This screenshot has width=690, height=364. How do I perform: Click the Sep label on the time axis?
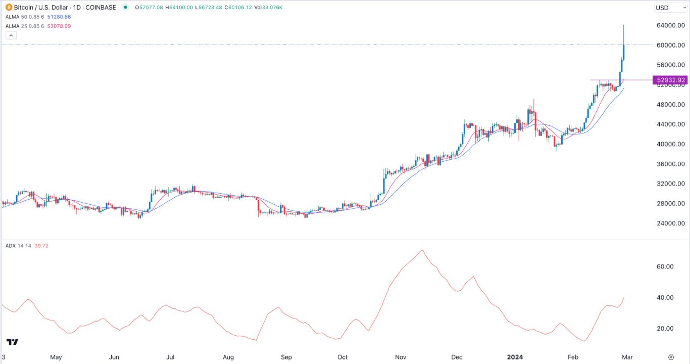286,357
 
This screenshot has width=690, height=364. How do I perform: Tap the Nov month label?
401,357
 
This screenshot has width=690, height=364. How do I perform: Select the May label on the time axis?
56,357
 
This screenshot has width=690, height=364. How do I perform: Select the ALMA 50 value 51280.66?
57,17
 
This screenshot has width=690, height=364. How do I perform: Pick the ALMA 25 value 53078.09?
57,26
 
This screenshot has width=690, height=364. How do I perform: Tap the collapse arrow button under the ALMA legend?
11,35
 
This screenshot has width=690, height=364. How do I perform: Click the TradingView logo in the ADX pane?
13,342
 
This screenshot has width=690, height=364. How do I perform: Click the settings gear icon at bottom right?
671,357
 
